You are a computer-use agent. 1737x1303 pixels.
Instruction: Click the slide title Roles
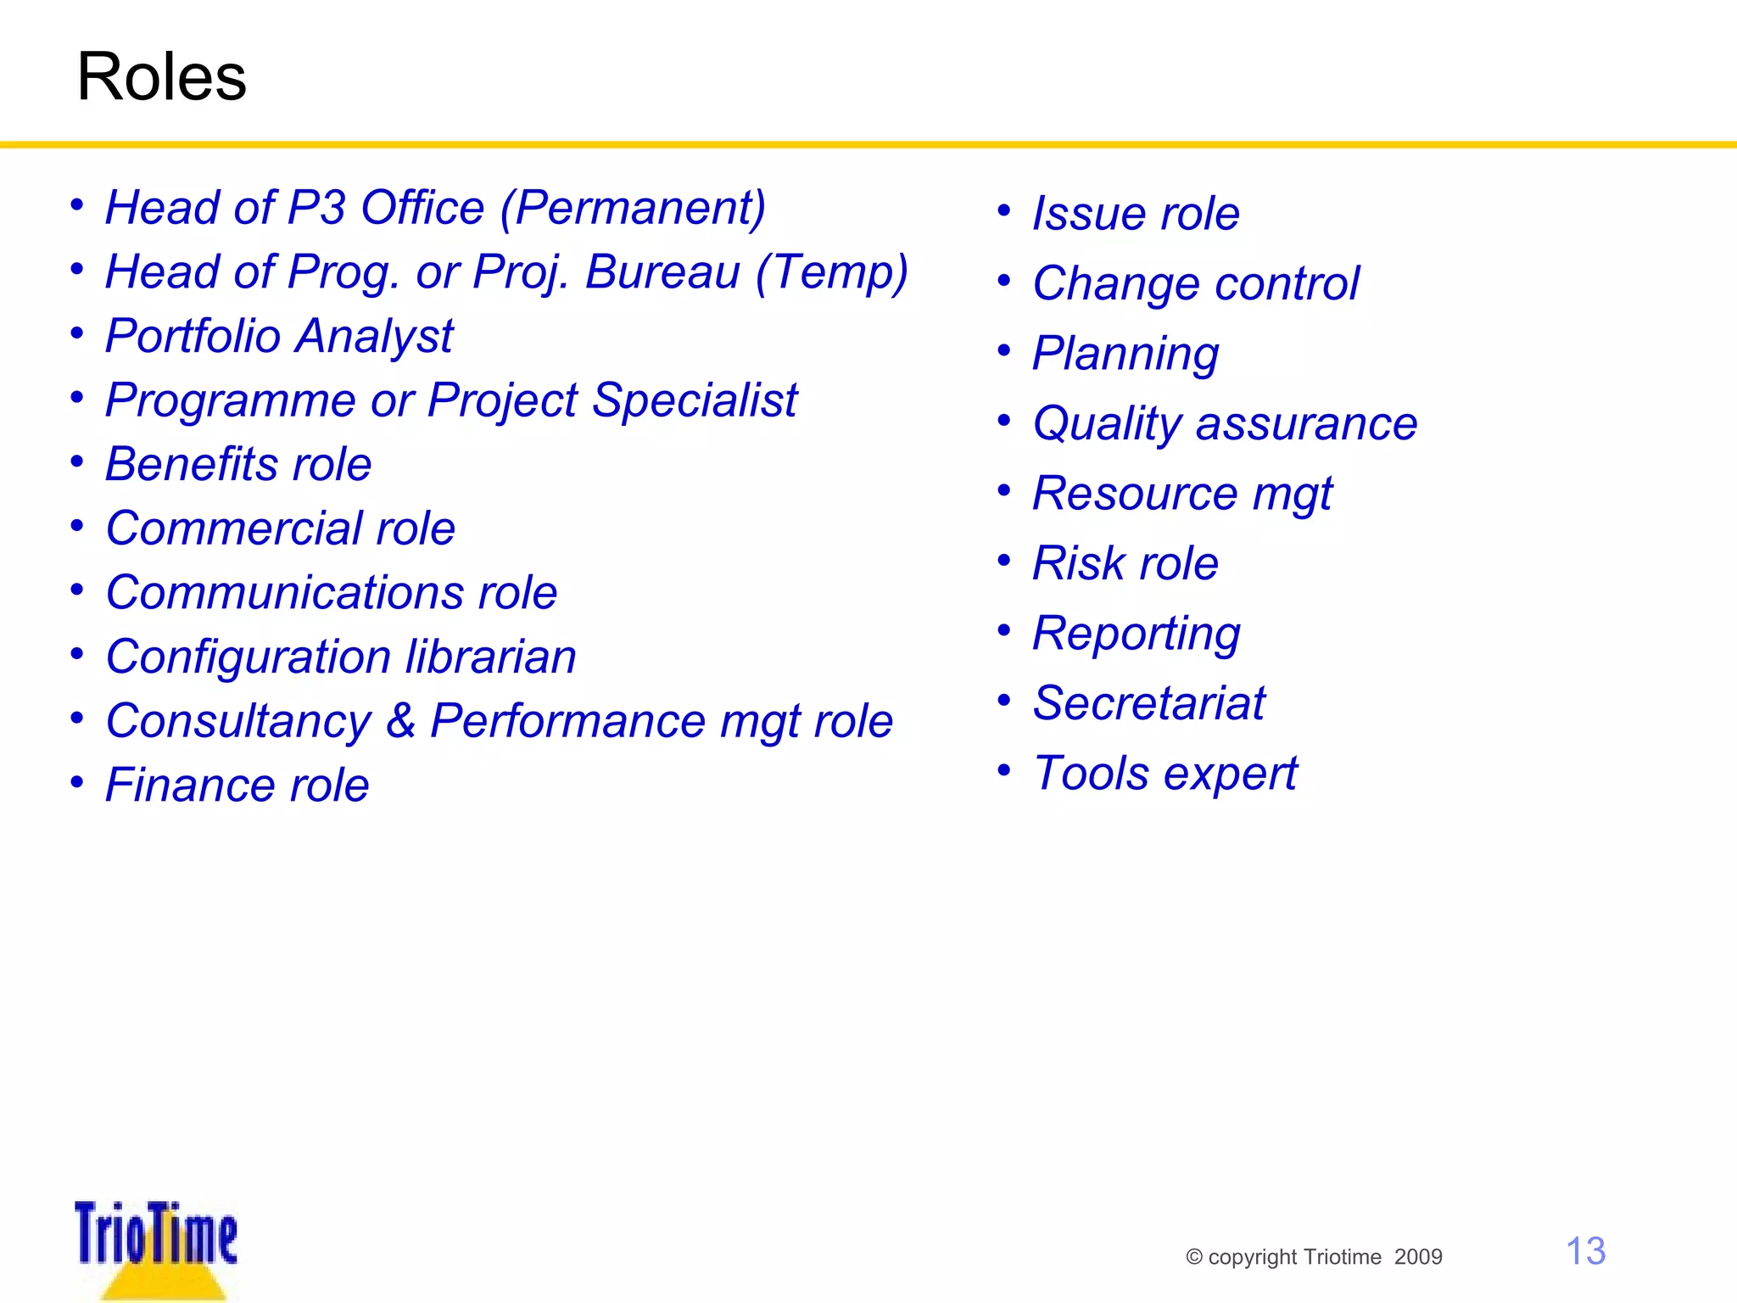pyautogui.click(x=161, y=77)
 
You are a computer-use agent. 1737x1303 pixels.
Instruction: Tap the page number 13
pyautogui.click(x=1584, y=1251)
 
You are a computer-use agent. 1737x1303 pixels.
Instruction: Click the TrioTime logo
pyautogui.click(x=156, y=1244)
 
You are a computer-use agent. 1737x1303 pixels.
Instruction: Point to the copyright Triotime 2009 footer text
pyautogui.click(x=1314, y=1257)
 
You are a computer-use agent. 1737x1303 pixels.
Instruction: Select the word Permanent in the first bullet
pyautogui.click(x=638, y=208)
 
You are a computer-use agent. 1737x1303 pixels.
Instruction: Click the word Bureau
pyautogui.click(x=662, y=272)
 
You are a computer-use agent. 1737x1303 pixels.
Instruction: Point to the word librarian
pyautogui.click(x=491, y=657)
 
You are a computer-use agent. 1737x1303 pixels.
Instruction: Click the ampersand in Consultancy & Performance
pyautogui.click(x=400, y=721)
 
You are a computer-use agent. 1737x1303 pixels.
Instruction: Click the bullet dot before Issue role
pyautogui.click(x=1004, y=210)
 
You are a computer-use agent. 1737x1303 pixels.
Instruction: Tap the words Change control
pyautogui.click(x=1196, y=283)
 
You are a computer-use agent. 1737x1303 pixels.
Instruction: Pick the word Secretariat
pyautogui.click(x=1148, y=703)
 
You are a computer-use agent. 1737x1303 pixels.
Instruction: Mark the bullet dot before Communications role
pyautogui.click(x=77, y=590)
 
